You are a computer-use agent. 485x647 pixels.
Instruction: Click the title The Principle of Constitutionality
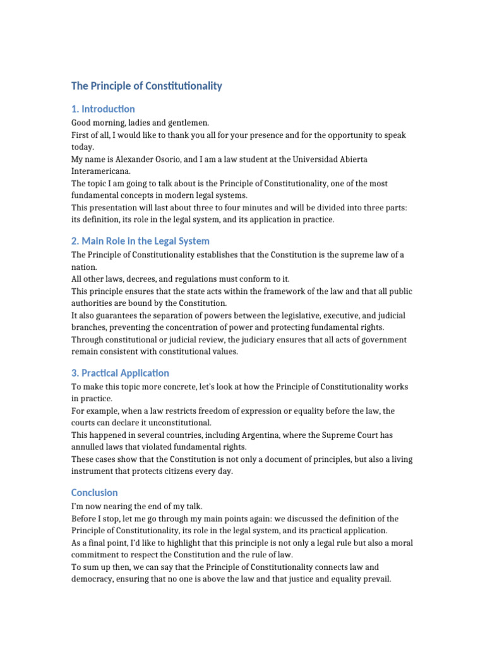click(147, 86)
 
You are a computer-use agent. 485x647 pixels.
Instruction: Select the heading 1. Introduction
click(103, 109)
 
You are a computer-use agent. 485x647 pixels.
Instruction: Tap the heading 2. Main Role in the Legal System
click(140, 241)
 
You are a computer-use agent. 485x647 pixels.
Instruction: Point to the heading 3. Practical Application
click(120, 373)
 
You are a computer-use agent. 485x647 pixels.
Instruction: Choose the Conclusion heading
click(95, 493)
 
